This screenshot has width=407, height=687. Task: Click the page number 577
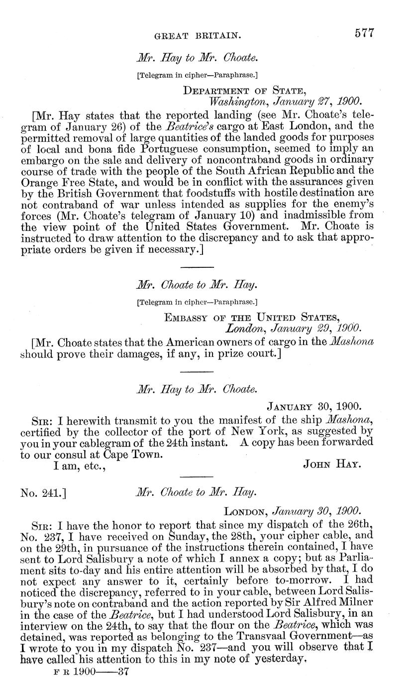[364, 33]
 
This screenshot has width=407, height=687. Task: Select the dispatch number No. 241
[44, 493]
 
